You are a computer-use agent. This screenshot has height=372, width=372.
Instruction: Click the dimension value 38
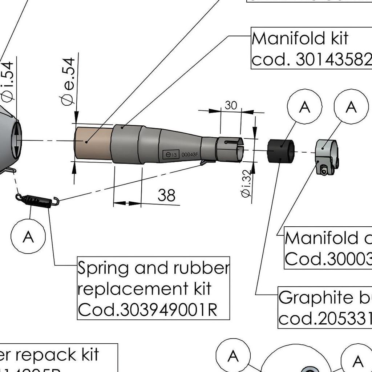coord(167,195)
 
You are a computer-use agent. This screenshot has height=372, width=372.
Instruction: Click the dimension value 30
coord(231,105)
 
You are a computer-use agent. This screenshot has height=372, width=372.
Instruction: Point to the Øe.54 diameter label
coord(68,81)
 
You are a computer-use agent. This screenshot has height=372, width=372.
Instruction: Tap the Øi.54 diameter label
coord(8,81)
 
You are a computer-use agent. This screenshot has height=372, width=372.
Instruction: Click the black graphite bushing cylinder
coord(280,150)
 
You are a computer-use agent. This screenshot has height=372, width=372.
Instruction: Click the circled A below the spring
coord(28,236)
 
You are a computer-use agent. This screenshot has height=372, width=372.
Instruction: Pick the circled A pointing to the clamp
coord(351,107)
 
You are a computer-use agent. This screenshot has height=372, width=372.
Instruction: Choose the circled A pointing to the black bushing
coord(304,107)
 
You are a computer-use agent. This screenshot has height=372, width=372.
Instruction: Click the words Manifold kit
coord(300,38)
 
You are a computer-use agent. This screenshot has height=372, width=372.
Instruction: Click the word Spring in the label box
coord(103,268)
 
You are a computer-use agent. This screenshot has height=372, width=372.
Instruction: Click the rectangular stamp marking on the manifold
coord(171,154)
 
